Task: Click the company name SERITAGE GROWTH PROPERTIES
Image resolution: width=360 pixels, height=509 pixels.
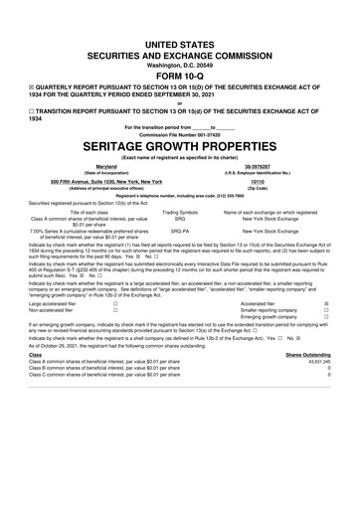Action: click(180, 144)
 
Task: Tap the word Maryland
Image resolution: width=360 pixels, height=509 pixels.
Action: click(106, 167)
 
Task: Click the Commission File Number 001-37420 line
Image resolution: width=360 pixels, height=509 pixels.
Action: click(180, 133)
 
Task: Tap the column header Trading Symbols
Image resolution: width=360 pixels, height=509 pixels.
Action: click(180, 212)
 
